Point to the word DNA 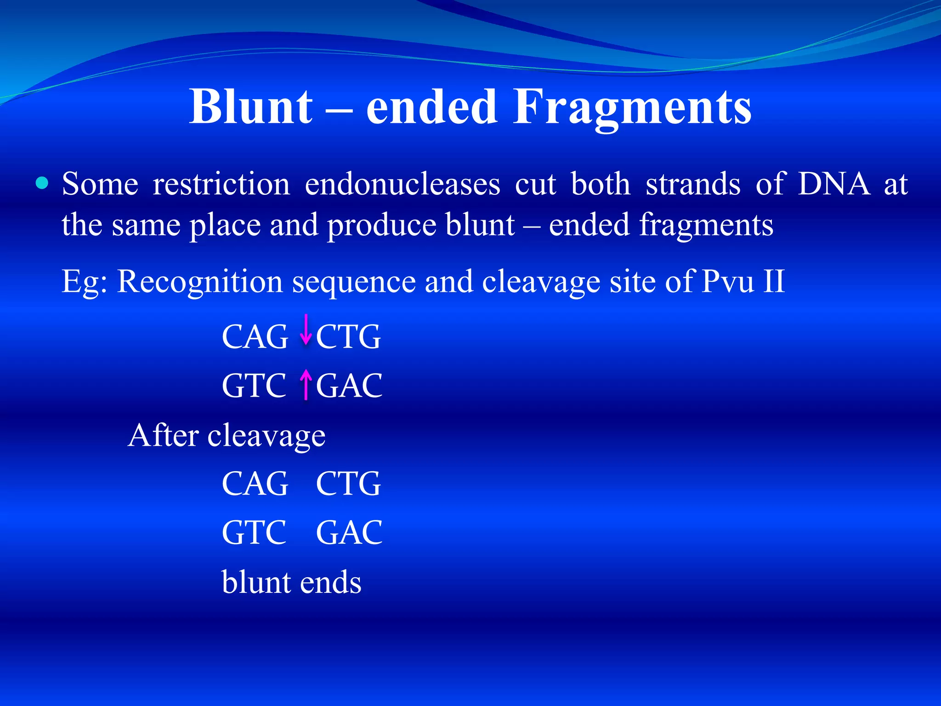pyautogui.click(x=834, y=184)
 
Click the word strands pyautogui.click(x=693, y=184)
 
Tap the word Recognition pyautogui.click(x=199, y=281)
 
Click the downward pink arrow pyautogui.click(x=306, y=330)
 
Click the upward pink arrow pyautogui.click(x=306, y=385)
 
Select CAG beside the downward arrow pyautogui.click(x=255, y=337)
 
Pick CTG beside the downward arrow pyautogui.click(x=348, y=337)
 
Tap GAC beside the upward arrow pyautogui.click(x=349, y=386)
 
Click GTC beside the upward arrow pyautogui.click(x=254, y=386)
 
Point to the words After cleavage pyautogui.click(x=227, y=436)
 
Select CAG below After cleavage pyautogui.click(x=255, y=484)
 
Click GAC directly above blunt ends pyautogui.click(x=349, y=533)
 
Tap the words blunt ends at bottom pyautogui.click(x=291, y=582)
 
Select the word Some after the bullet pyautogui.click(x=100, y=184)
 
